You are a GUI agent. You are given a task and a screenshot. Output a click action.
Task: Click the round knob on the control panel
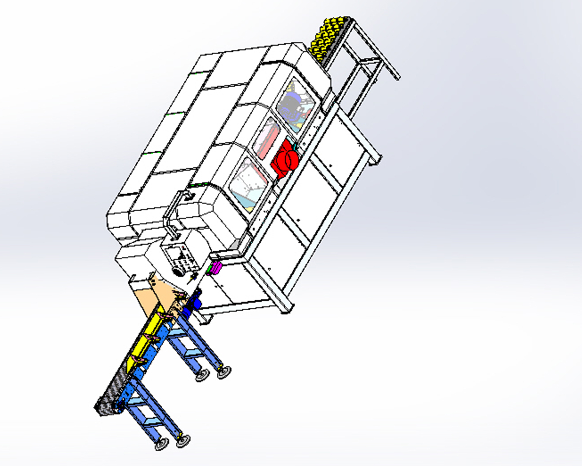click(177, 271)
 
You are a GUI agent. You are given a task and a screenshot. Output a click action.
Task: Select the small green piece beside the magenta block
click(209, 270)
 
